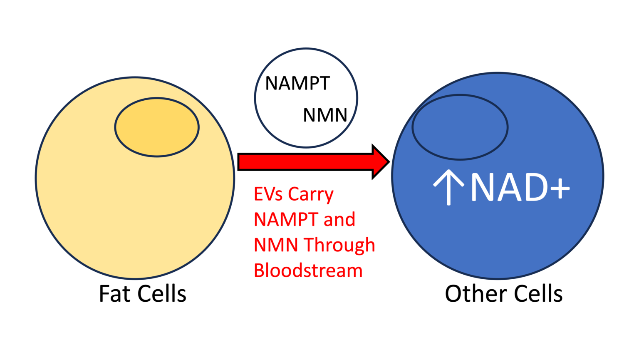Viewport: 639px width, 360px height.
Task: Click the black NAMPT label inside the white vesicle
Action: tap(297, 84)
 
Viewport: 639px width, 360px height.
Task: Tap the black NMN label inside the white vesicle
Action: tap(325, 115)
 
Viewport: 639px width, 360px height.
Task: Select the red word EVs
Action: tap(268, 194)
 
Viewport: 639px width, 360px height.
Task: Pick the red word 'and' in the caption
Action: tap(339, 220)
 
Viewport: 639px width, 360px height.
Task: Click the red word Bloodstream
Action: tap(308, 271)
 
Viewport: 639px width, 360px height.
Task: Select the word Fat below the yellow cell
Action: tap(115, 294)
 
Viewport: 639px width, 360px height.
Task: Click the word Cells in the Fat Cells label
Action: tap(162, 294)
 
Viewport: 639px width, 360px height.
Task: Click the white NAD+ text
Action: tap(520, 188)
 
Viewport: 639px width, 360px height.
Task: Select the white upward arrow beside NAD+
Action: tap(448, 187)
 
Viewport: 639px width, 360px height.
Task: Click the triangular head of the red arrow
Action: tap(379, 162)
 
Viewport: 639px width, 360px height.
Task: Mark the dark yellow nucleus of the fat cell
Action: tap(157, 127)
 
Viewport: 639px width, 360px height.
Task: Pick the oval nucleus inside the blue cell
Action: tap(460, 127)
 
